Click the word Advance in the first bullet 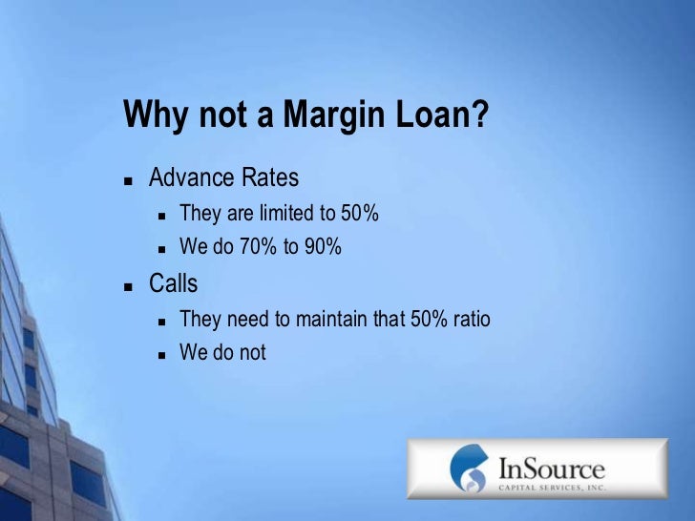[191, 178]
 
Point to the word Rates [268, 178]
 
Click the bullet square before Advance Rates [128, 180]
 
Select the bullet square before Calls [128, 285]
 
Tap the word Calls [173, 283]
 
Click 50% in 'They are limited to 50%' [360, 214]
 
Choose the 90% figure [321, 247]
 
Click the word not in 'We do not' [252, 353]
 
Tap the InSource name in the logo [552, 469]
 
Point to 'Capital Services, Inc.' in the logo [552, 486]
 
